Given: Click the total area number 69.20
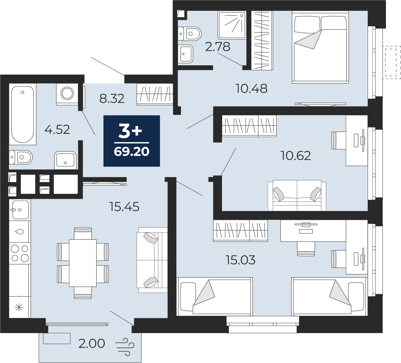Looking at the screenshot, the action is [132, 151].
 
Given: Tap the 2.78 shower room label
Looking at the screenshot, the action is [218, 47].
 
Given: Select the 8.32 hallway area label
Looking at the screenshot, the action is [112, 99].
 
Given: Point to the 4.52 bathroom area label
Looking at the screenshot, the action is [57, 129].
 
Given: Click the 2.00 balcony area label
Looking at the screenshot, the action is [92, 343].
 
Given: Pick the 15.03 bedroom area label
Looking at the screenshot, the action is [240, 260].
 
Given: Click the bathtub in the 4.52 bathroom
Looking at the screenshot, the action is [23, 114].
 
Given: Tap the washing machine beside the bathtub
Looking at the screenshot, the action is [67, 94].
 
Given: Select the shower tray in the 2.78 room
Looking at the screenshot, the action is [232, 25].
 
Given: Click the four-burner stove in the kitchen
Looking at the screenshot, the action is [20, 253].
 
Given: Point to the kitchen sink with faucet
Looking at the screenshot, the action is [20, 210].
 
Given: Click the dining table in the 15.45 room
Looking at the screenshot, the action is [83, 263].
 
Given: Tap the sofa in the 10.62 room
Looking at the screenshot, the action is [297, 195].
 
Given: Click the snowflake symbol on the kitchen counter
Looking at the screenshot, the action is [19, 307].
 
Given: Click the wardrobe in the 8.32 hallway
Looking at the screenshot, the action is [155, 94].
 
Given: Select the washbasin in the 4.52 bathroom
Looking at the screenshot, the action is [65, 160].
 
